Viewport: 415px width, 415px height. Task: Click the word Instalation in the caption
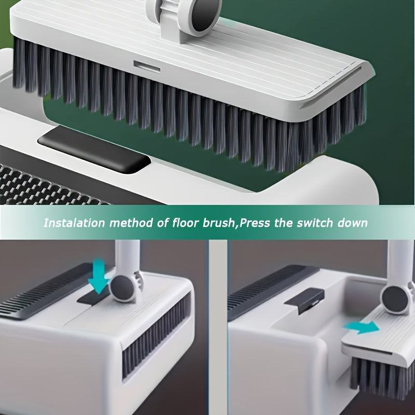point(74,223)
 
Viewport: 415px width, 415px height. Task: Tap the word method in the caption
point(131,223)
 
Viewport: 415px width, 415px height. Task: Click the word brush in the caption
point(218,223)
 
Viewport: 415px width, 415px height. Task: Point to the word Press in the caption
point(254,223)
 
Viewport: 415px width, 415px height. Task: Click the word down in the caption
point(352,223)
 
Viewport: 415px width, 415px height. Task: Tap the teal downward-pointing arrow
point(99,276)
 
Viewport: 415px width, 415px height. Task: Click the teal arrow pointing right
point(362,327)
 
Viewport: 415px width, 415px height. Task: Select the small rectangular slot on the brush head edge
point(147,66)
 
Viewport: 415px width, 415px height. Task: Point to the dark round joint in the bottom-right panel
point(395,300)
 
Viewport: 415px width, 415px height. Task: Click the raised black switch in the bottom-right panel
point(305,300)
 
